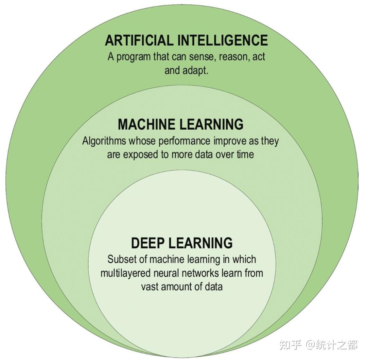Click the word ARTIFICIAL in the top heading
coord(138,40)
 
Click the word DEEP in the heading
coord(147,243)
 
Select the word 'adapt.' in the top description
coord(195,71)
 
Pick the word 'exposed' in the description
coord(143,154)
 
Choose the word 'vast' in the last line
coord(150,287)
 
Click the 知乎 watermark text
coord(291,345)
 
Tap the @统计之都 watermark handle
coord(331,345)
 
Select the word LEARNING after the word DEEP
coord(200,243)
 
